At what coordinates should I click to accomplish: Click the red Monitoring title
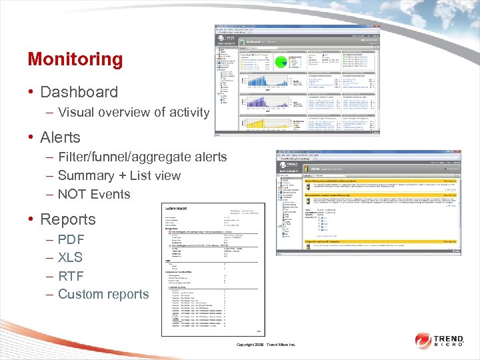pos(75,59)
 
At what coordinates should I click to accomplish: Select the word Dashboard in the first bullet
pos(79,92)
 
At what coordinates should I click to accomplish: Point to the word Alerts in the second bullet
pos(60,137)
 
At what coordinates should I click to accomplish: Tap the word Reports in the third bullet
pos(68,219)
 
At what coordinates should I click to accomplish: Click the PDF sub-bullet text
pos(71,239)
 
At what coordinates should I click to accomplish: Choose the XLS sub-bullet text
pos(70,257)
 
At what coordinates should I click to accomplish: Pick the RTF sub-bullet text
pos(70,275)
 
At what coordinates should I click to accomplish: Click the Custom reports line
pos(103,294)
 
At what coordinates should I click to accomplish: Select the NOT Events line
pos(94,194)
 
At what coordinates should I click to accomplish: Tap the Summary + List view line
pos(119,175)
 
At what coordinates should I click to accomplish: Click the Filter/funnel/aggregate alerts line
pos(142,157)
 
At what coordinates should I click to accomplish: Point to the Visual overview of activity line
pos(133,112)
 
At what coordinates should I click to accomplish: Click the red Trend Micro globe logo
pos(424,340)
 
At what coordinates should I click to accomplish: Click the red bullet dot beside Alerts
pos(31,138)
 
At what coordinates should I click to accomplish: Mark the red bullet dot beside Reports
pos(31,220)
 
